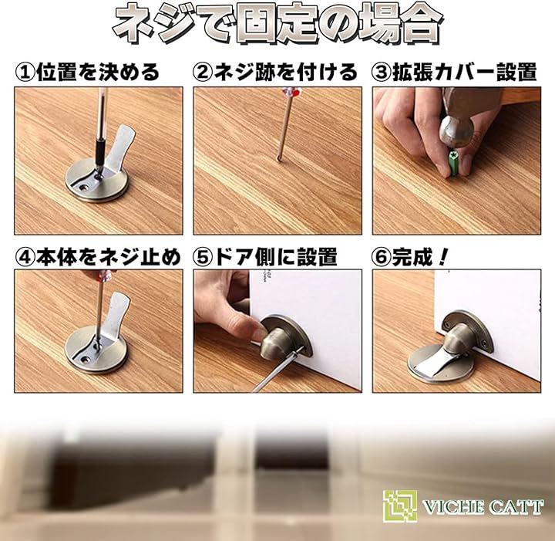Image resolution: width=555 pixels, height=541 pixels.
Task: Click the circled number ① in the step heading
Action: [x=25, y=73]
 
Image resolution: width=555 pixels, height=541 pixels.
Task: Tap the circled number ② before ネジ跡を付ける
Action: [x=203, y=73]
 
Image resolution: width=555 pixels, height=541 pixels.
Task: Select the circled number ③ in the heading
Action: [x=382, y=73]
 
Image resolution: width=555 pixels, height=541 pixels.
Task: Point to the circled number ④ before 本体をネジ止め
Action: [x=25, y=257]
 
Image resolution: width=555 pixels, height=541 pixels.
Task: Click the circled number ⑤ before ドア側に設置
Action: [x=203, y=257]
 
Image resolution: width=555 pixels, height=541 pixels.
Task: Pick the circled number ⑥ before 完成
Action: [x=382, y=257]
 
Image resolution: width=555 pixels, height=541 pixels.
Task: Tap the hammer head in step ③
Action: [x=456, y=132]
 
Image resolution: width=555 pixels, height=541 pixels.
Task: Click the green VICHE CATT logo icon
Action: [x=400, y=505]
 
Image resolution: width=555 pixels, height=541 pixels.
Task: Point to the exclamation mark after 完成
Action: [x=442, y=257]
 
